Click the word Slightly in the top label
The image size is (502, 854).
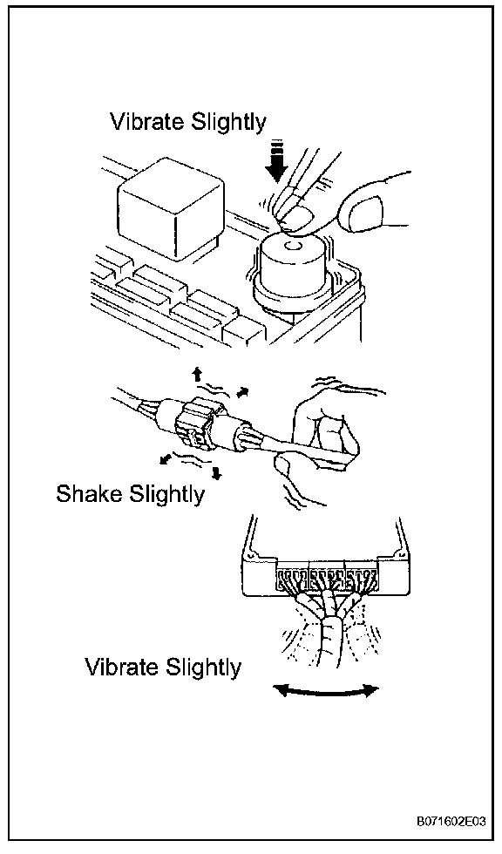[x=227, y=123]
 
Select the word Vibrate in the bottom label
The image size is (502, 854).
[x=120, y=666]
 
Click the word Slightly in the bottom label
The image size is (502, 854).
[x=201, y=668]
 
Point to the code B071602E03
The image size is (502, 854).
[x=451, y=821]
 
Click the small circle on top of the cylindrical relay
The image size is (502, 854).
[x=294, y=246]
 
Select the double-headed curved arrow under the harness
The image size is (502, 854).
[x=326, y=692]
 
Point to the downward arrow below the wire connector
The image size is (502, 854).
[x=217, y=472]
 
